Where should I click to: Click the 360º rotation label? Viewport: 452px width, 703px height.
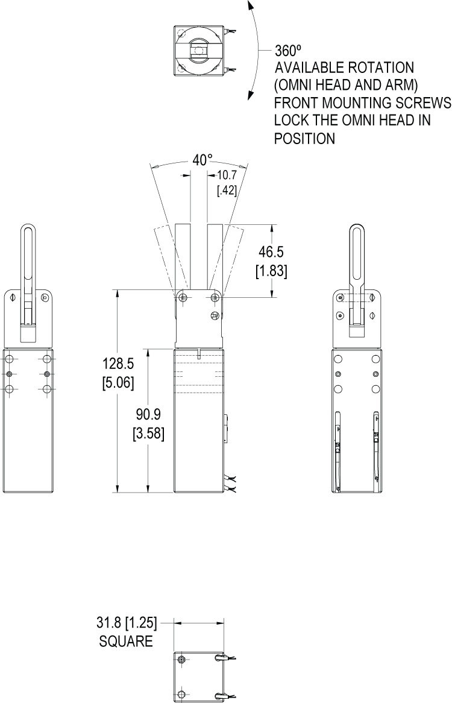285,50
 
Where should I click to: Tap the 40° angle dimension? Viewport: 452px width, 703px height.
202,160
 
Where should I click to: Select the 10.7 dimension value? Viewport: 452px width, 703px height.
227,175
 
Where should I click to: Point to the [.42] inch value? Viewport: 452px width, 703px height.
227,191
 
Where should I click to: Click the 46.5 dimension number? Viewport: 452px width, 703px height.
271,252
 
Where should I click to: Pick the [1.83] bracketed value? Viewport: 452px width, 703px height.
271,271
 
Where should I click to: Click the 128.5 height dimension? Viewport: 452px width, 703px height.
118,363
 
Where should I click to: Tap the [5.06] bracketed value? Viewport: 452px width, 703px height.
118,382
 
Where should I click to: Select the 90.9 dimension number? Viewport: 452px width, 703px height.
148,414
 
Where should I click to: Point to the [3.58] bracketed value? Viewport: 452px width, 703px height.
148,433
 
